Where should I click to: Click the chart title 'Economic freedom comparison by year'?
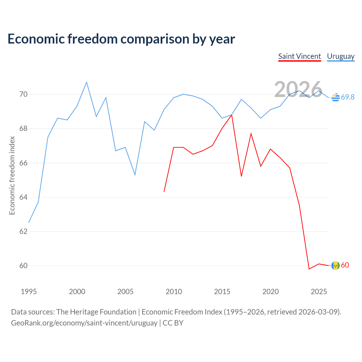pyautogui.click(x=121, y=39)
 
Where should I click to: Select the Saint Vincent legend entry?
pyautogui.click(x=299, y=56)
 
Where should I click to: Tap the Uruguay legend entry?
pyautogui.click(x=341, y=56)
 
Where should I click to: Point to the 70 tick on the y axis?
pyautogui.click(x=23, y=94)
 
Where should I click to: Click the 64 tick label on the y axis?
pyautogui.click(x=23, y=197)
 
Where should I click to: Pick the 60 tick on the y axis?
pyautogui.click(x=23, y=266)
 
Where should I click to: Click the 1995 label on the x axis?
pyautogui.click(x=29, y=292)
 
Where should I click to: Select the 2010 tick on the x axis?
pyautogui.click(x=174, y=292)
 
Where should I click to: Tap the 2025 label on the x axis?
pyautogui.click(x=319, y=292)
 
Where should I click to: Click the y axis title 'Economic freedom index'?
pyautogui.click(x=12, y=175)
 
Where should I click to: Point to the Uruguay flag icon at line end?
pyautogui.click(x=335, y=97)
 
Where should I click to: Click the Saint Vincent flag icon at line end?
pyautogui.click(x=335, y=266)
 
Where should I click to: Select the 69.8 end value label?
pyautogui.click(x=348, y=97)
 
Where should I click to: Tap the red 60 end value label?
pyautogui.click(x=345, y=265)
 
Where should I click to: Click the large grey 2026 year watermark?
pyautogui.click(x=298, y=89)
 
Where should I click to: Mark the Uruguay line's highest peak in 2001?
pyautogui.click(x=87, y=82)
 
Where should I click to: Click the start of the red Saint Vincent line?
pyautogui.click(x=164, y=192)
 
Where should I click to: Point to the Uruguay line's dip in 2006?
pyautogui.click(x=135, y=175)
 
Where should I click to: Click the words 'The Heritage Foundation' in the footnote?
pyautogui.click(x=96, y=312)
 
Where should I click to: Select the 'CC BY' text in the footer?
pyautogui.click(x=173, y=323)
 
